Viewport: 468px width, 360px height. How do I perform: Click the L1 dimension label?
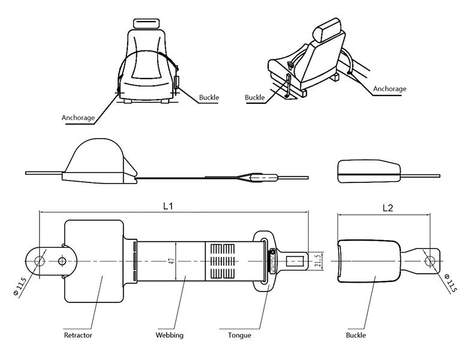pos(168,206)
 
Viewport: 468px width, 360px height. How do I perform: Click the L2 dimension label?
pos(388,208)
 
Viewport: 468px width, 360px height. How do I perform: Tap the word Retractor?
pos(78,335)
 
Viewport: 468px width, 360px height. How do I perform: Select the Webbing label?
pos(170,335)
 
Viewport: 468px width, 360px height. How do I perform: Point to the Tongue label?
pos(239,335)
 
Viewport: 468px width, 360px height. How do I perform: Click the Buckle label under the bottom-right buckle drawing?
pos(356,335)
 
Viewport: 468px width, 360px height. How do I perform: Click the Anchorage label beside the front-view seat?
pos(78,118)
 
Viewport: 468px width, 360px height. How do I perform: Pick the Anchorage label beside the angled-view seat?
pos(389,89)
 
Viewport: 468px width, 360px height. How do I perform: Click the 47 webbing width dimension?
pos(172,262)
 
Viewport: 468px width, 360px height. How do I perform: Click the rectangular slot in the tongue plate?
pos(295,262)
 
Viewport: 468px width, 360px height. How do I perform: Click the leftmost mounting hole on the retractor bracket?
pos(40,262)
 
